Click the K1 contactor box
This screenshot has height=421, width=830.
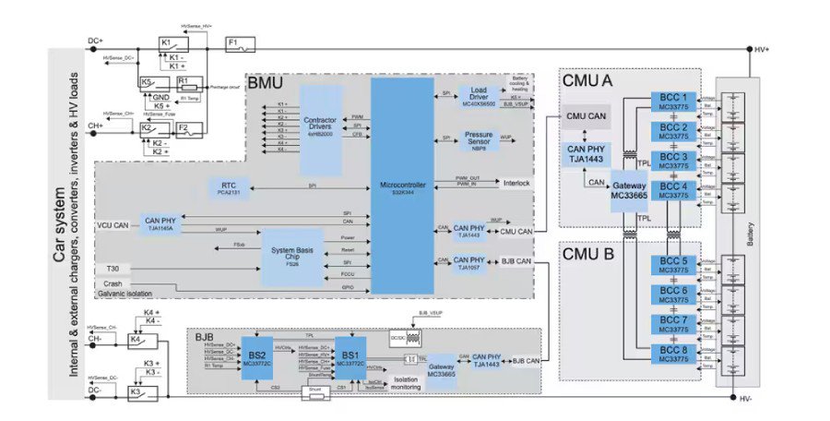tap(173, 43)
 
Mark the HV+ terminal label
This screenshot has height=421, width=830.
tap(762, 50)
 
